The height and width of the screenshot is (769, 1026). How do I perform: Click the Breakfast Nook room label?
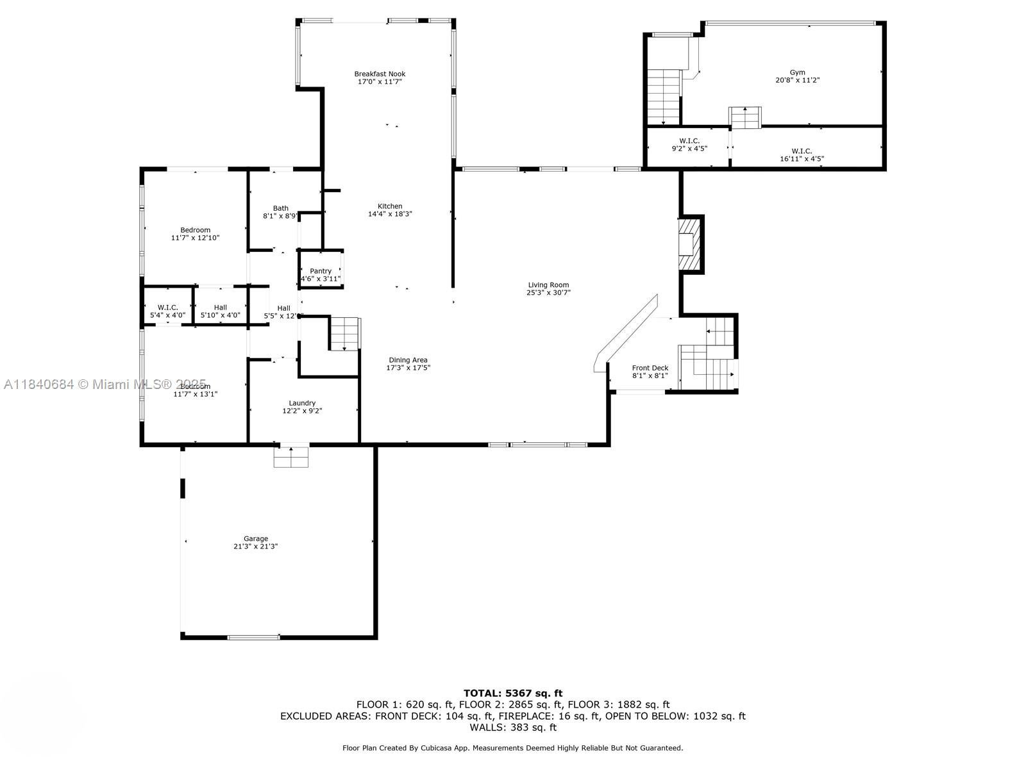click(380, 74)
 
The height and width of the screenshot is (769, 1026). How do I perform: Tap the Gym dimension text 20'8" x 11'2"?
click(797, 81)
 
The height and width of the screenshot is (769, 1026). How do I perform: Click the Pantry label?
click(321, 271)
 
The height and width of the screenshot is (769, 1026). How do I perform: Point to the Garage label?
click(255, 538)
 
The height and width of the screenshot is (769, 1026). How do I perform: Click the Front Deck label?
click(650, 368)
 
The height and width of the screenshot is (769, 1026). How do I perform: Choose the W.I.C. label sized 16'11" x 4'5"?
click(801, 151)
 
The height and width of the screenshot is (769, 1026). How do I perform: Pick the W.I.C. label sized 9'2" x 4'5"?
click(689, 141)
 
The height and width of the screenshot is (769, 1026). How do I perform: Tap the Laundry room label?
click(301, 403)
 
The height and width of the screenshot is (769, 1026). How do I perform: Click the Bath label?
click(280, 208)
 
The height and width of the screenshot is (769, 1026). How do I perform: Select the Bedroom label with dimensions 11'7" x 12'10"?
click(195, 230)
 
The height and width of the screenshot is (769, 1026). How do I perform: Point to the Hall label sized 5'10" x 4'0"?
click(220, 308)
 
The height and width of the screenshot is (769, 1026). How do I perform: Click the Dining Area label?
click(408, 360)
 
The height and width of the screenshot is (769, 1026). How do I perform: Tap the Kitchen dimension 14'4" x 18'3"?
click(390, 214)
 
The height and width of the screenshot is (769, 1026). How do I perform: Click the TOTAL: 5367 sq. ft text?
click(512, 693)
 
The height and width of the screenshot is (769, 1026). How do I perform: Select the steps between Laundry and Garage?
click(291, 456)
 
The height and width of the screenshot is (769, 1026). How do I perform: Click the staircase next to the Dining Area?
click(346, 333)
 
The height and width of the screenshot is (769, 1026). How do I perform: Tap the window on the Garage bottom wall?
click(253, 637)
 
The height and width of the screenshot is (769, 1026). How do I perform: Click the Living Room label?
click(548, 285)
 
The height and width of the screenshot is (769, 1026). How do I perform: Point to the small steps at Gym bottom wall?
click(745, 117)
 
